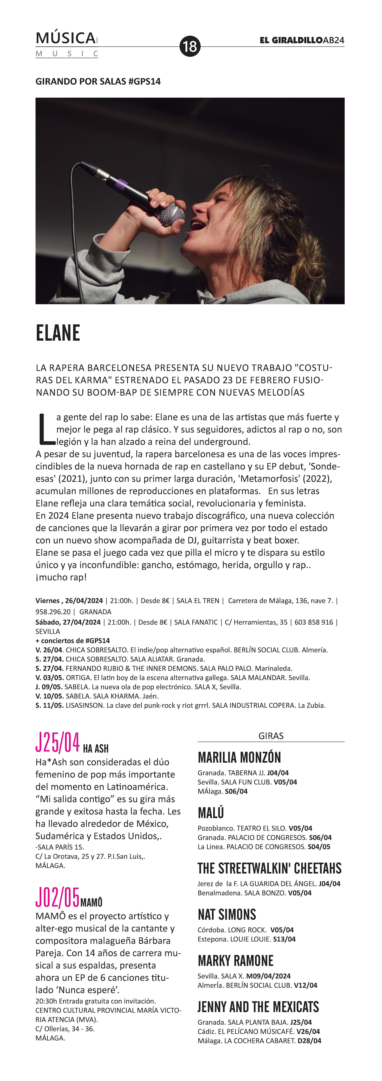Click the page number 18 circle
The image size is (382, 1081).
pos(190,46)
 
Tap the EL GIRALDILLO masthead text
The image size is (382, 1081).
pos(291,40)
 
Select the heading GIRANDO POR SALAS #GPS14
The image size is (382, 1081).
pos(98,81)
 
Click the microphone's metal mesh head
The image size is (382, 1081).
pos(172,214)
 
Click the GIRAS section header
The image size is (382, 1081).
pos(271,736)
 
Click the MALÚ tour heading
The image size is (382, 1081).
pos(211,813)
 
